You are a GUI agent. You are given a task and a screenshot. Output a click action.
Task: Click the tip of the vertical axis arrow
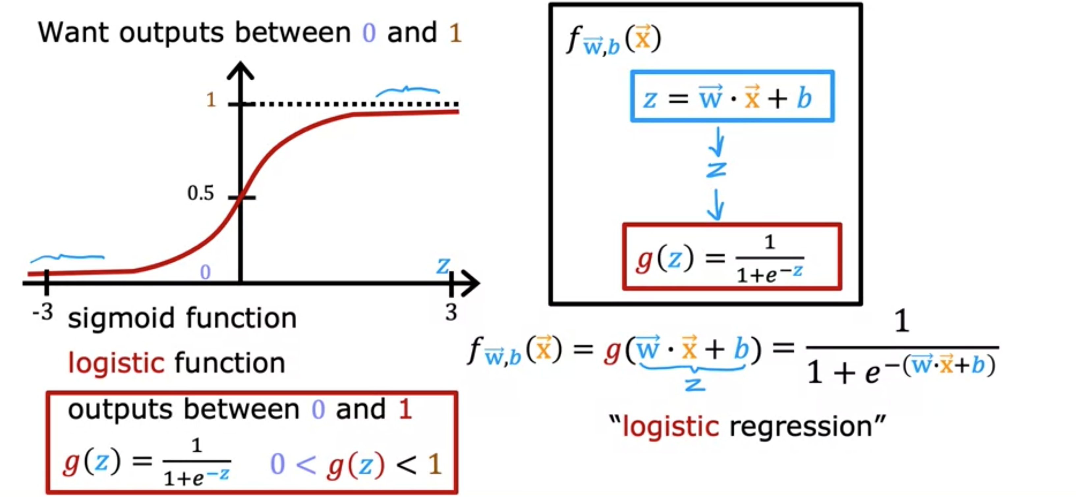click(240, 63)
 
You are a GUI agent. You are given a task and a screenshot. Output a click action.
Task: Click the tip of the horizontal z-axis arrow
click(479, 283)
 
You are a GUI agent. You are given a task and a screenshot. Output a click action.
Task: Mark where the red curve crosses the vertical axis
click(240, 199)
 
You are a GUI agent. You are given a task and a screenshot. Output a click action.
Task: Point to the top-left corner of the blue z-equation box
click(632, 72)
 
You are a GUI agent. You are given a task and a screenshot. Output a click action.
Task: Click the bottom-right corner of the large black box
click(861, 304)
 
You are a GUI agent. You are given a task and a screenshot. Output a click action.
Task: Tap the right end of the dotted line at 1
click(459, 104)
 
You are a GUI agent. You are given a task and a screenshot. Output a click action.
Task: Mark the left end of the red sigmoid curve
click(28, 274)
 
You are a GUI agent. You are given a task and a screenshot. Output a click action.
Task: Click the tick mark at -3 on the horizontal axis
click(46, 282)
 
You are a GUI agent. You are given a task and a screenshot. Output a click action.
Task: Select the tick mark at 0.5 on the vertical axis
click(241, 197)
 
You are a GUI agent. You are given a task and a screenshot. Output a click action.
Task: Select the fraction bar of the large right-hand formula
click(902, 347)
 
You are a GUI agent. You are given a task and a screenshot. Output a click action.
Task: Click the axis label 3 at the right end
click(451, 312)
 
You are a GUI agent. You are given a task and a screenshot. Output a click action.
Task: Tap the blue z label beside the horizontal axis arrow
click(443, 265)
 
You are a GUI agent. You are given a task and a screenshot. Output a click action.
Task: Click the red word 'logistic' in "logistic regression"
click(671, 427)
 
